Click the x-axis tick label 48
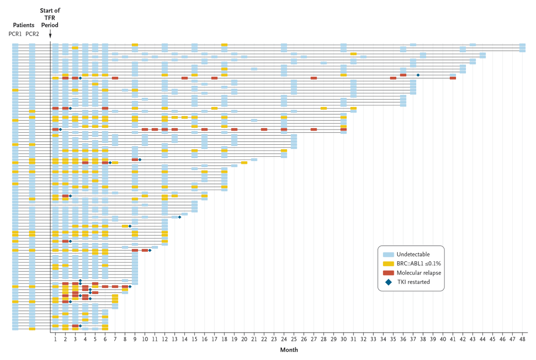click(x=522, y=340)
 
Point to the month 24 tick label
click(x=284, y=340)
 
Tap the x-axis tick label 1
click(x=55, y=340)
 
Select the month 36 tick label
click(x=403, y=340)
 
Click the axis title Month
click(x=289, y=350)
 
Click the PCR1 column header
click(x=15, y=34)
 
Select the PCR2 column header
click(x=32, y=34)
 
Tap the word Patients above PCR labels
click(x=24, y=25)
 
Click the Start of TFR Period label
click(x=50, y=18)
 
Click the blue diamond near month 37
click(x=418, y=75)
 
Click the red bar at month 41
click(x=453, y=78)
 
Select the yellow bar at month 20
click(x=244, y=163)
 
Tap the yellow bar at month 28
click(x=323, y=108)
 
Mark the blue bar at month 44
click(x=482, y=55)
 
